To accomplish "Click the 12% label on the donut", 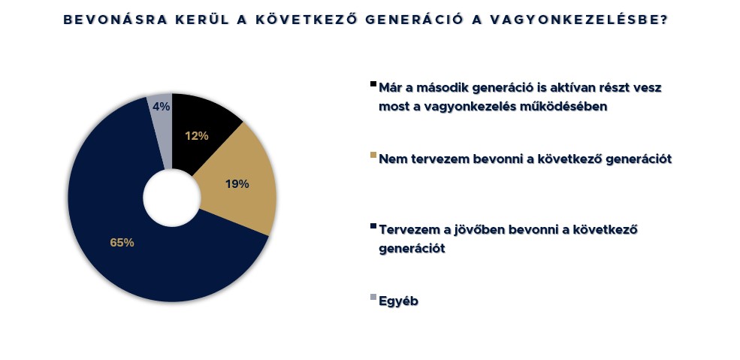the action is point(197,136).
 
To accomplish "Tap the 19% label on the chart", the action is point(237,184).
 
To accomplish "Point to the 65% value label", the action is point(122,243).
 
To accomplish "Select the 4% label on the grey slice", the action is point(162,107).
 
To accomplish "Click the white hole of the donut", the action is point(172,197).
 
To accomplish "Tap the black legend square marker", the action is point(373,84).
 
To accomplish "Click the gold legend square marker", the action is point(373,156).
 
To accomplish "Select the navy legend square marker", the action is point(373,226).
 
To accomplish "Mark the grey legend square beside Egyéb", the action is point(373,298).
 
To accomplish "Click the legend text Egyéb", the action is point(399,301).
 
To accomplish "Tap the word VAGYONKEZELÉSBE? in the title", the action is point(580,20).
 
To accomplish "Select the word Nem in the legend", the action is point(391,159).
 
